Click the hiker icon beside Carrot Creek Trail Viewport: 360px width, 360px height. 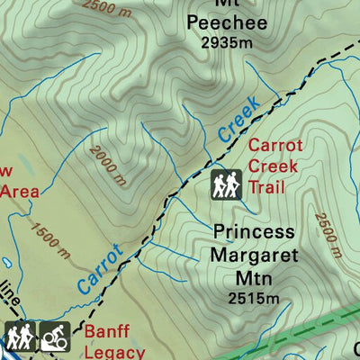coord(226,184)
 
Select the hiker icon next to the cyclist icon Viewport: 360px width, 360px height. coord(17,337)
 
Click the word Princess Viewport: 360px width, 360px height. coord(254,232)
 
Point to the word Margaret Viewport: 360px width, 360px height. coord(255,256)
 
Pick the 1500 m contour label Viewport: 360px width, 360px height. coord(49,241)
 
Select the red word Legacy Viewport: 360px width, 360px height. coord(115,352)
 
